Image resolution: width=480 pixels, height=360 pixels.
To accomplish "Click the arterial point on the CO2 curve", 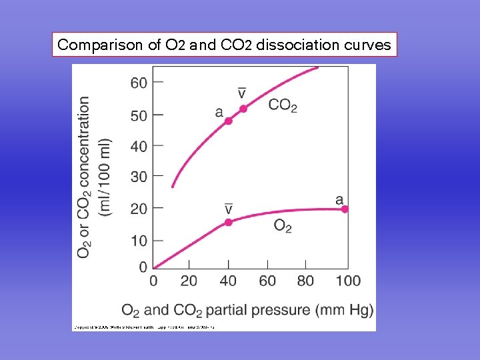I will (228, 121).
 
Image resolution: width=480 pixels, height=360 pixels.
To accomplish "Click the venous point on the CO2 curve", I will (243, 109).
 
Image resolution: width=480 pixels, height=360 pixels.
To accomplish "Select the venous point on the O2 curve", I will (228, 222).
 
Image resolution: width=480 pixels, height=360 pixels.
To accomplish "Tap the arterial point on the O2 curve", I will (345, 209).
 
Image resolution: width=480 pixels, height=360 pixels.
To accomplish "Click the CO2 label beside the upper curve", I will (283, 105).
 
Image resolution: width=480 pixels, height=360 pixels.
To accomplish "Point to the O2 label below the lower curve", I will (283, 226).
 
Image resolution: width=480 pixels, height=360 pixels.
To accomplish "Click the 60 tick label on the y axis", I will (139, 83).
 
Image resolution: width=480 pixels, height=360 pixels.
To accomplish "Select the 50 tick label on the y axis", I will (139, 115).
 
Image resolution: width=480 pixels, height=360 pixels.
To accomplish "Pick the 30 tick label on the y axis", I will (139, 177).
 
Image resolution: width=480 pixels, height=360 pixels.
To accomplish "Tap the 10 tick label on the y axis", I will (139, 240).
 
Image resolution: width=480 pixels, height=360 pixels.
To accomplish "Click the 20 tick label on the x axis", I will (190, 281).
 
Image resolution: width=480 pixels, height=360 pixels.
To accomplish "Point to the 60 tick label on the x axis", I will (267, 281).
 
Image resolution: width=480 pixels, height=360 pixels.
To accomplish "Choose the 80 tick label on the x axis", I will (305, 281).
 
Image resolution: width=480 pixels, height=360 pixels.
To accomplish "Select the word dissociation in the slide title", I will (296, 45).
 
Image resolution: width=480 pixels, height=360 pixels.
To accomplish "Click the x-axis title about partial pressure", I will (247, 310).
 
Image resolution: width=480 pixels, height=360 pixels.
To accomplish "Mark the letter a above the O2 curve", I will (339, 199).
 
